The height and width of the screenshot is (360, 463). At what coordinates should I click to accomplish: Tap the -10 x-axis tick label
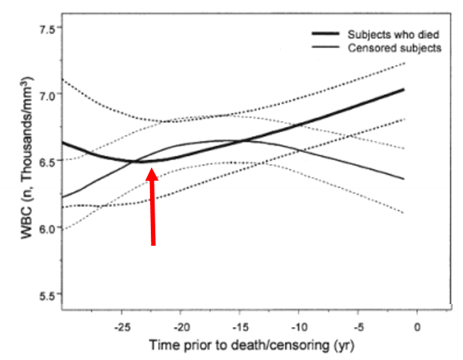pyautogui.click(x=299, y=326)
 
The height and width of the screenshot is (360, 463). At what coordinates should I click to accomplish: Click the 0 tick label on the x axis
pyautogui.click(x=417, y=326)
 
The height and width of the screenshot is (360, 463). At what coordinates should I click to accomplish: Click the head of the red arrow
pyautogui.click(x=152, y=171)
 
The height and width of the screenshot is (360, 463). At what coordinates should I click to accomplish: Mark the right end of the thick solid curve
pyautogui.click(x=404, y=90)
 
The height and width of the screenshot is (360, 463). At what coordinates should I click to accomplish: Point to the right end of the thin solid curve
pyautogui.click(x=404, y=179)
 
